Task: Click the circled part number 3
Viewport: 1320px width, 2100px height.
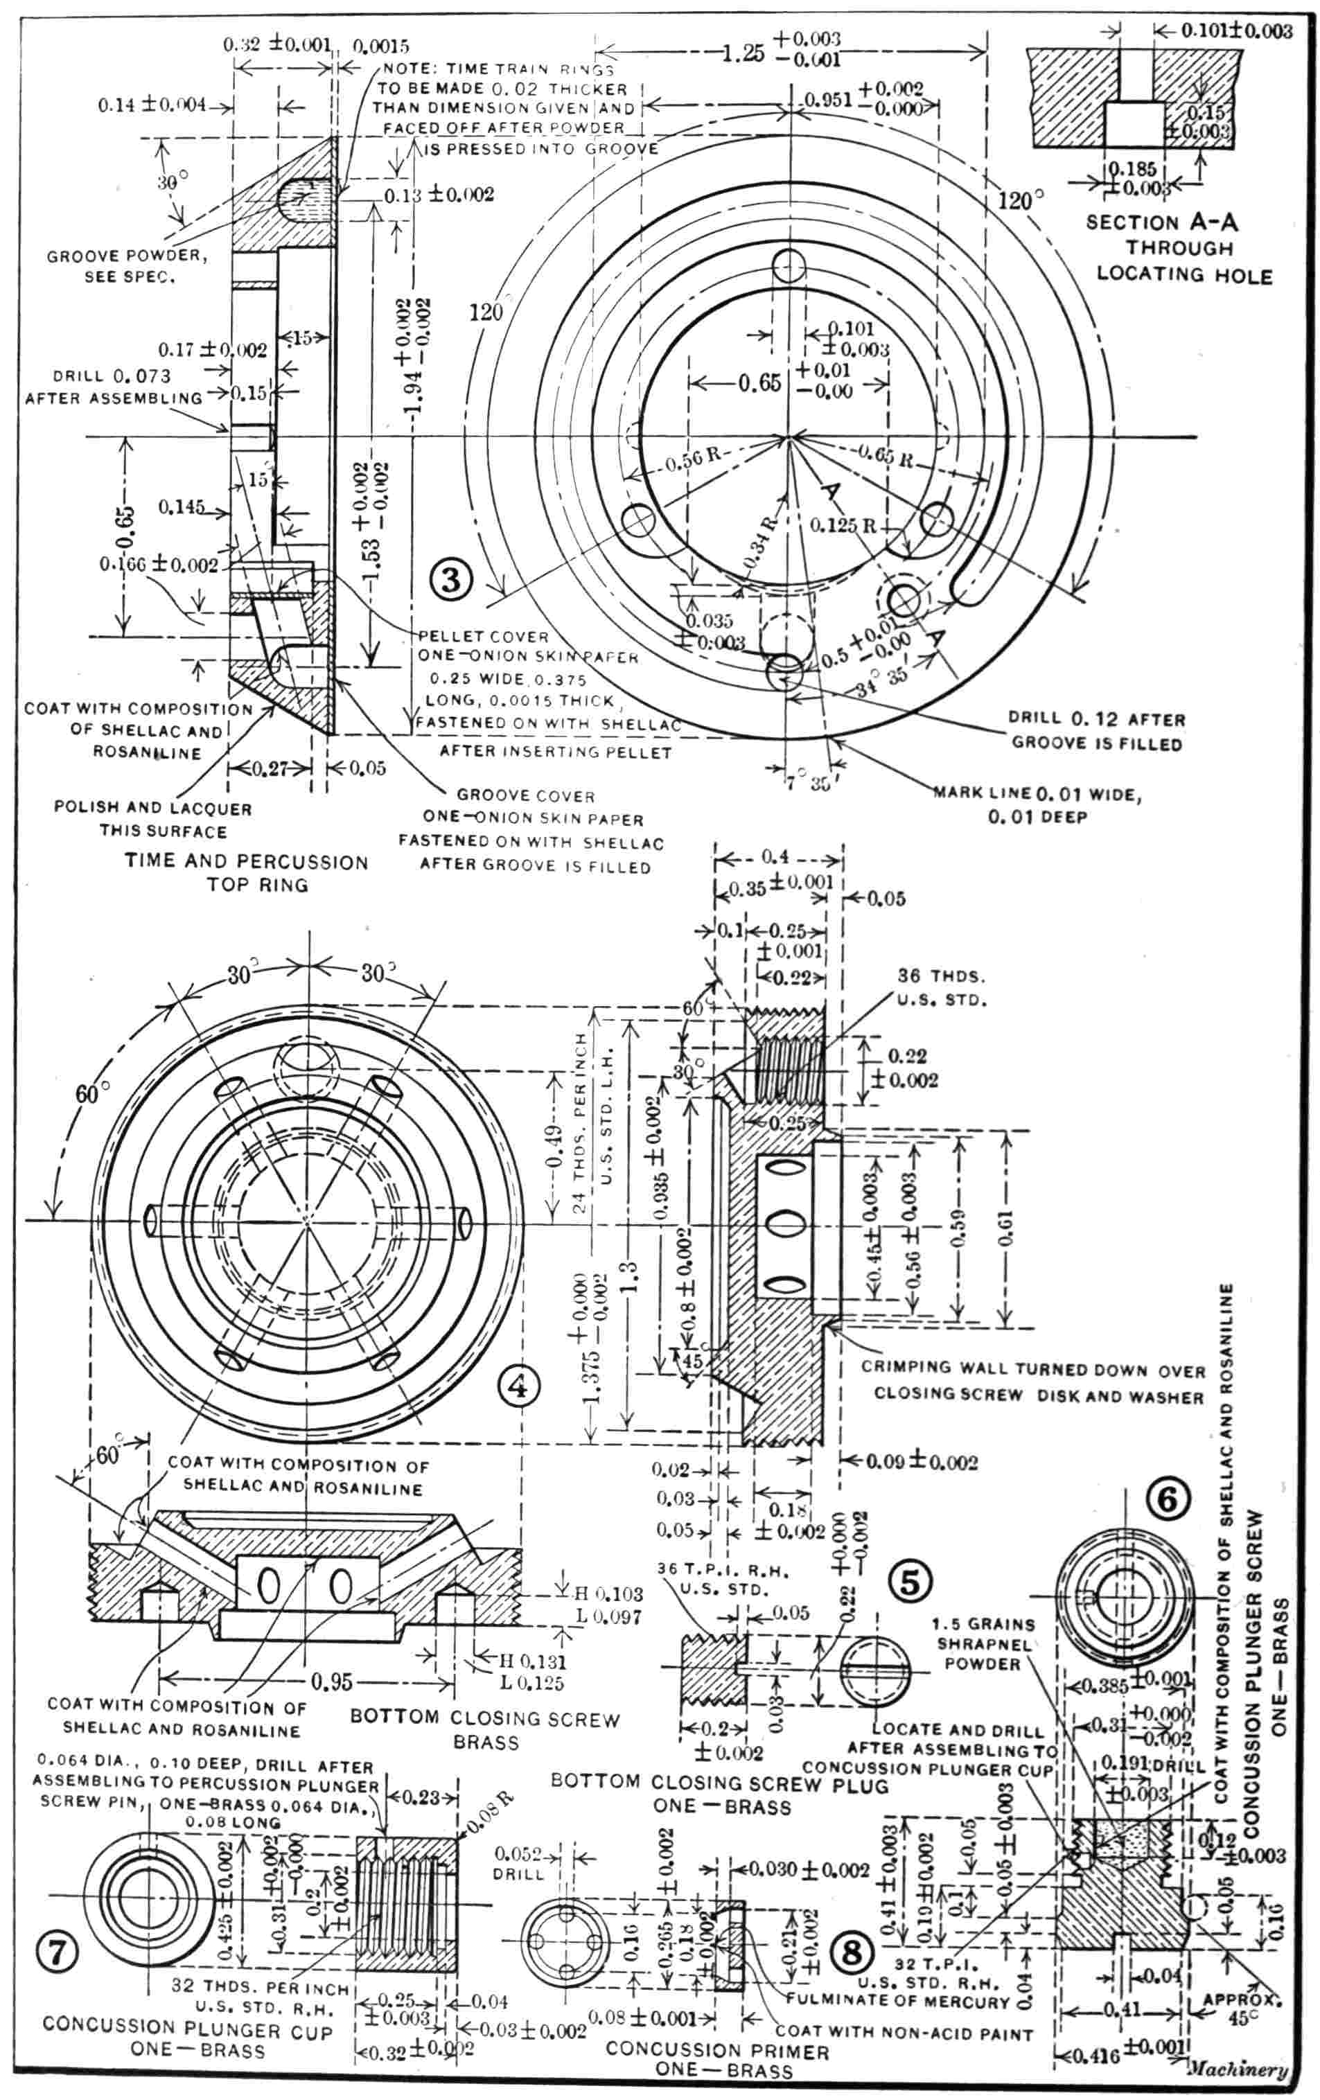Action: [451, 579]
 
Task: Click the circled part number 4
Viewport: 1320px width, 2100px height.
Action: [518, 1386]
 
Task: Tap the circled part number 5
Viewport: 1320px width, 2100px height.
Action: [909, 1581]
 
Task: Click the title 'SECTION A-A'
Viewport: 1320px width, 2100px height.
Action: [1161, 222]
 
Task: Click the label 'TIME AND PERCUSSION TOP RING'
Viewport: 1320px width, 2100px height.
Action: [246, 873]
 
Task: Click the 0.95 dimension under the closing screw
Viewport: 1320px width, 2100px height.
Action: [333, 1681]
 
